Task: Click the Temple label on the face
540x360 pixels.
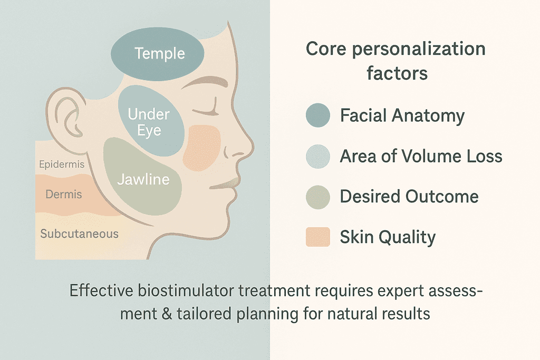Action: [x=159, y=54]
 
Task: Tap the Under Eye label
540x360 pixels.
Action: [x=149, y=122]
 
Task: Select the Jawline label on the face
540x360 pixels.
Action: [x=143, y=179]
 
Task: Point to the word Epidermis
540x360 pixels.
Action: [x=62, y=164]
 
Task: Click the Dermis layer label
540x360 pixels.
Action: [x=64, y=194]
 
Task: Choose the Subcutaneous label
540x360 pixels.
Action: [x=79, y=233]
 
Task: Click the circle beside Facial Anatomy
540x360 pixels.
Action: [x=318, y=115]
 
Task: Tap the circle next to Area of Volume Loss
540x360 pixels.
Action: [x=318, y=156]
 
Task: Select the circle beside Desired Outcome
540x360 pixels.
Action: [x=318, y=197]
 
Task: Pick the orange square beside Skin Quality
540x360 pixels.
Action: [x=318, y=237]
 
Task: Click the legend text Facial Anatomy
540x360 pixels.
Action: [x=402, y=115]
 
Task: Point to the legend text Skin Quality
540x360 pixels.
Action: [x=388, y=237]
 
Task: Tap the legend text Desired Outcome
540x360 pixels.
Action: [x=409, y=197]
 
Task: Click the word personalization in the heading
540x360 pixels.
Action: [x=419, y=49]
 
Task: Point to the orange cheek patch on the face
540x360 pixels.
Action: [x=201, y=148]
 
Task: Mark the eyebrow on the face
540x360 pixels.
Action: [x=204, y=83]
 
